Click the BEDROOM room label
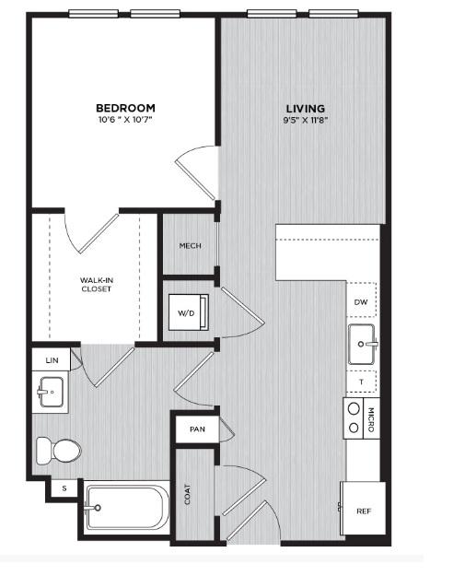click(x=125, y=108)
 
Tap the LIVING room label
click(x=306, y=109)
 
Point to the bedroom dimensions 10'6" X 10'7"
click(x=125, y=120)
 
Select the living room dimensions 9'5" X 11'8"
click(x=306, y=120)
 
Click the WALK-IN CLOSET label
click(x=97, y=285)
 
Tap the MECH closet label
click(x=191, y=245)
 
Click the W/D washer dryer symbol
click(x=189, y=312)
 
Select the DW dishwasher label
click(x=361, y=302)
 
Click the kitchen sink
click(x=362, y=344)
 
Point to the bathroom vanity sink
click(x=51, y=392)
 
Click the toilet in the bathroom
click(x=59, y=451)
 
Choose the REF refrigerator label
click(x=364, y=511)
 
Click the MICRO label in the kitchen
click(x=371, y=419)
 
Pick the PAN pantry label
click(x=198, y=429)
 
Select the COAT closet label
click(x=188, y=494)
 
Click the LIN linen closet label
click(x=52, y=360)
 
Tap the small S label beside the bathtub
click(x=64, y=488)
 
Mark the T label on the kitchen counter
click(x=362, y=382)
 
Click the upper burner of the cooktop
click(x=354, y=409)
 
